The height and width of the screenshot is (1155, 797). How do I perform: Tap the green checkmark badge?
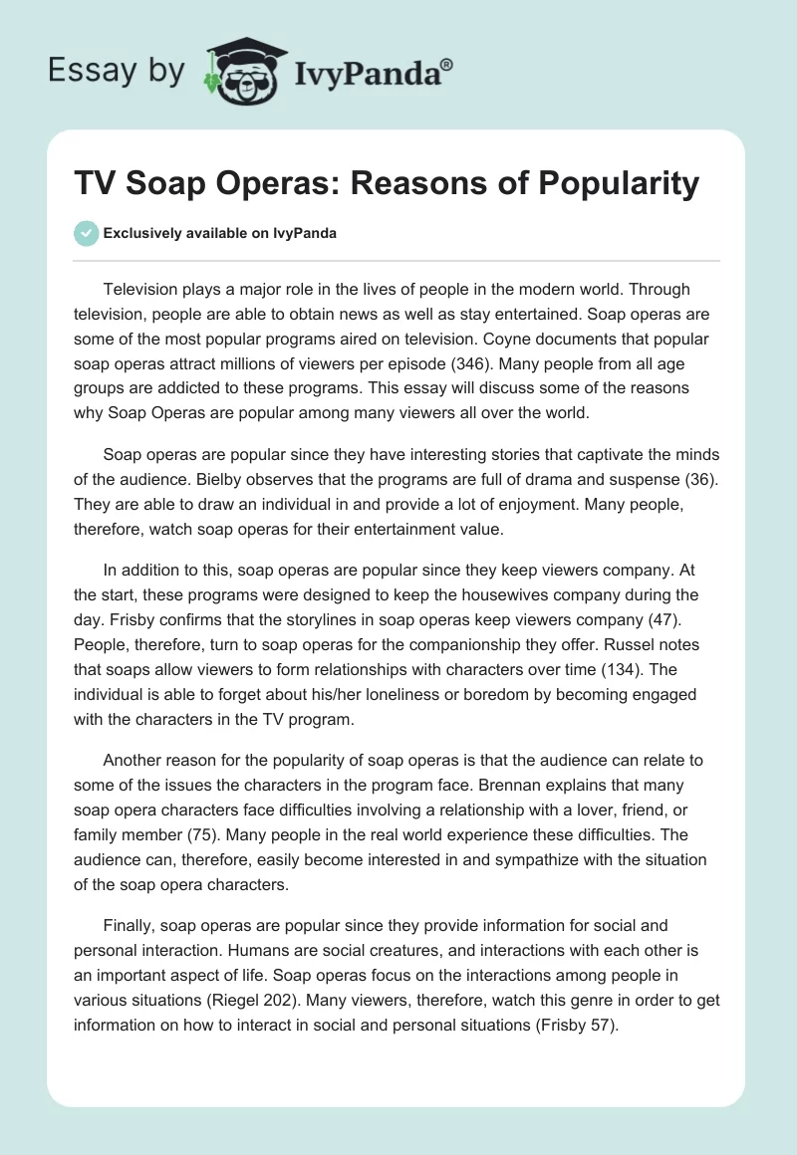(x=86, y=233)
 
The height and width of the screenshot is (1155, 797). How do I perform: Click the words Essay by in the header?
(x=116, y=70)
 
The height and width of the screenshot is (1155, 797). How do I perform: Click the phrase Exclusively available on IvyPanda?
(x=220, y=233)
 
